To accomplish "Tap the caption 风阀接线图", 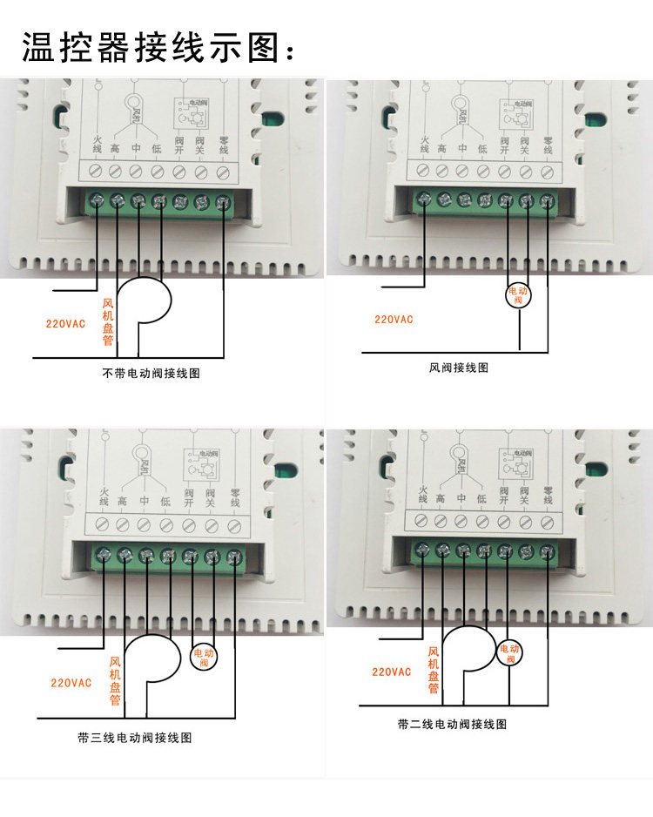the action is click(x=459, y=368).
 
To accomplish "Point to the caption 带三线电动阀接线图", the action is click(x=135, y=738).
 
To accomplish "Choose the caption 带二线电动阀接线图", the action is click(x=452, y=724).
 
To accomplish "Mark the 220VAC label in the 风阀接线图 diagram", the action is click(x=394, y=320).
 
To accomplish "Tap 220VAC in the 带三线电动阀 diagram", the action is click(x=71, y=683).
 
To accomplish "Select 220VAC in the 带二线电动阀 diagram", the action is click(x=392, y=672).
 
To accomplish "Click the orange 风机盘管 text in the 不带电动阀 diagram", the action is click(x=108, y=322).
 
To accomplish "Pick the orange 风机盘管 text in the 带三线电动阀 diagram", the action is click(x=115, y=680).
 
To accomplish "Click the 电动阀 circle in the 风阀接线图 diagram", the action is click(x=518, y=295).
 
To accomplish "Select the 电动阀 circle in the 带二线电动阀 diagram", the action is click(x=510, y=652).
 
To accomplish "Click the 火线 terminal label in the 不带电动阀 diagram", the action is click(x=96, y=146).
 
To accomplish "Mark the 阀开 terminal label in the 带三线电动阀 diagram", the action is click(x=189, y=498).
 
